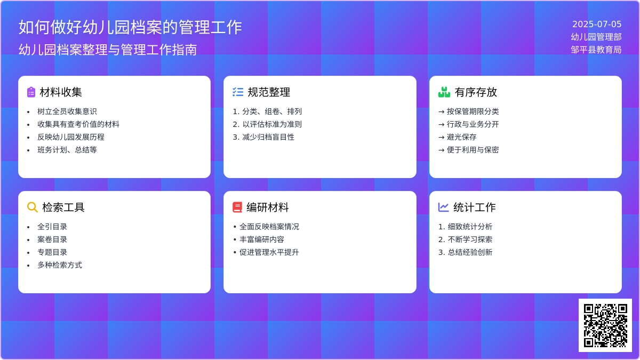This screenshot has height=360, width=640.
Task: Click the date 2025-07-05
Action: click(x=597, y=24)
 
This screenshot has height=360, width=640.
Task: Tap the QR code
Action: click(x=605, y=325)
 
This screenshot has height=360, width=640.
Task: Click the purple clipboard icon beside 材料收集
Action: click(x=31, y=92)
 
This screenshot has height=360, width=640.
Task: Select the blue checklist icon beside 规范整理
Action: click(x=238, y=92)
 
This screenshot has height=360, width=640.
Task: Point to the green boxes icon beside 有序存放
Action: click(x=444, y=92)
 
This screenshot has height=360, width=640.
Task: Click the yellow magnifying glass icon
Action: click(x=33, y=207)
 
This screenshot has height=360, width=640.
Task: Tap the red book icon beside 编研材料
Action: click(x=237, y=207)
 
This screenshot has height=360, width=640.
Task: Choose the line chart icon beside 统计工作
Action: click(x=443, y=207)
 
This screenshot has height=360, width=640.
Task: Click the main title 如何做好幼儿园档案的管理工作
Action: click(x=130, y=27)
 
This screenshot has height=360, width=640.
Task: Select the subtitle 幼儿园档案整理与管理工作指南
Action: click(x=108, y=50)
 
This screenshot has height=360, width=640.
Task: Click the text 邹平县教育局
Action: click(x=596, y=50)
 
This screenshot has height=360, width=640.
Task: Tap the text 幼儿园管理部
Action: click(x=596, y=37)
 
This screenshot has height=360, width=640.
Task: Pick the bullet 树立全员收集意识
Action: click(x=67, y=111)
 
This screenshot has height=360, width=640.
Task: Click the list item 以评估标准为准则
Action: click(x=272, y=124)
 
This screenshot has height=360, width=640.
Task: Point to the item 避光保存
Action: click(x=462, y=137)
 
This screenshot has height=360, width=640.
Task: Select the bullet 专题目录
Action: click(x=52, y=252)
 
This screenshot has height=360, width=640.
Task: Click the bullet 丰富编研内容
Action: click(x=262, y=239)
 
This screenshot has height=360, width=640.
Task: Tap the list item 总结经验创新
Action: click(x=470, y=252)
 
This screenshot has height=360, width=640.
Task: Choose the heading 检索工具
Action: click(x=63, y=207)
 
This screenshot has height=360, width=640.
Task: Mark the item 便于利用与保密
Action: click(x=473, y=150)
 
